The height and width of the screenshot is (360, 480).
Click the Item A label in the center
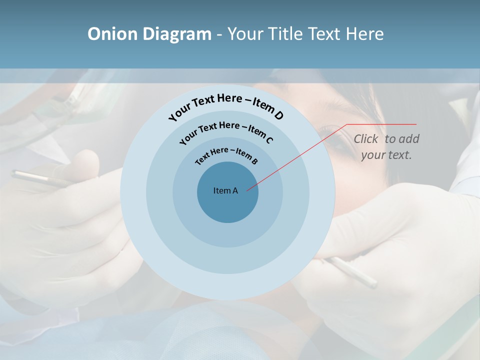[225, 190]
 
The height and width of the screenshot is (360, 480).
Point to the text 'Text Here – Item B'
[226, 154]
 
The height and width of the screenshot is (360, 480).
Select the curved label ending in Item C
[226, 131]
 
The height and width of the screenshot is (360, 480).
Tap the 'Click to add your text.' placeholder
[386, 146]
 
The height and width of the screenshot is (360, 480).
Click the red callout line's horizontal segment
[381, 124]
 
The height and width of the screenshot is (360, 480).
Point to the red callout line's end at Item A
[248, 189]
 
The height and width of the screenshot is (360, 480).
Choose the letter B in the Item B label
[254, 161]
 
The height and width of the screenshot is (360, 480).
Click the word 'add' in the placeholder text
[409, 139]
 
